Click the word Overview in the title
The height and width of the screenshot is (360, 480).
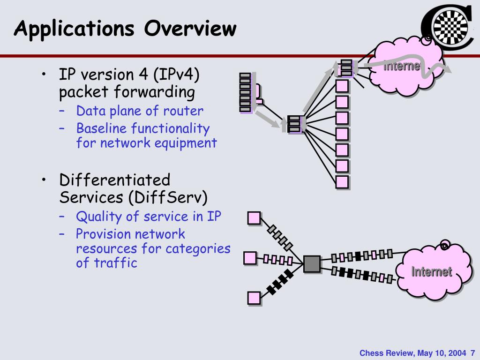click(190, 29)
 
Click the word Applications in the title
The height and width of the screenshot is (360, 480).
click(75, 30)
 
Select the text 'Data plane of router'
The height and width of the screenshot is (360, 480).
click(140, 111)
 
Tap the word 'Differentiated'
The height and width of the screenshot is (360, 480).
click(115, 180)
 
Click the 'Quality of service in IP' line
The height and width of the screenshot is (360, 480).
click(149, 217)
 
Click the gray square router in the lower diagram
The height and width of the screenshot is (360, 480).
click(312, 264)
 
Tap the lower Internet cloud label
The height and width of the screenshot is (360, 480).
click(432, 272)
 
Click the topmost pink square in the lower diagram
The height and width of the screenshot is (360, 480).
click(254, 218)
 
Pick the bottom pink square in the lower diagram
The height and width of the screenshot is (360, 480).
click(254, 298)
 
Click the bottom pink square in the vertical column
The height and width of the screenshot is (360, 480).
click(342, 182)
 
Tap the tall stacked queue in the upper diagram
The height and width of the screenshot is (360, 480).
click(245, 93)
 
